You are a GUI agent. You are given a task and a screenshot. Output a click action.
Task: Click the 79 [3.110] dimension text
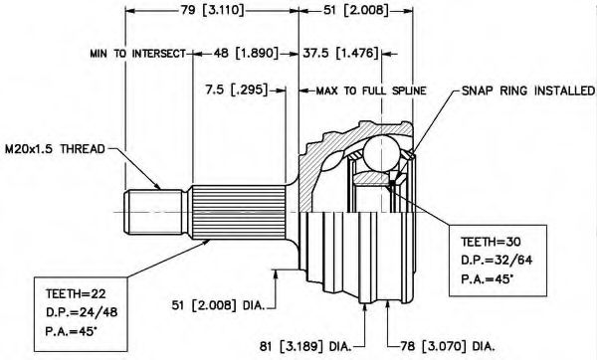(212, 10)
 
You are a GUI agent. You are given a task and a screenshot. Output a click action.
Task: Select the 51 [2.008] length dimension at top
(355, 10)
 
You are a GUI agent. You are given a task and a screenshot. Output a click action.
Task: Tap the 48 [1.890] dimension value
(246, 53)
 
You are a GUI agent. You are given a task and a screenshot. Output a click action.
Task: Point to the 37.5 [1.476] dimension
(340, 53)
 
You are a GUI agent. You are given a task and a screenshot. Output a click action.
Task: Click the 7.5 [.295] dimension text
(237, 90)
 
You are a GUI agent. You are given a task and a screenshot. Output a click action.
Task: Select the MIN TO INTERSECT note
(138, 54)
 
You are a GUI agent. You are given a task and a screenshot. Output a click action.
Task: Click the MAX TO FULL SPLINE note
(371, 90)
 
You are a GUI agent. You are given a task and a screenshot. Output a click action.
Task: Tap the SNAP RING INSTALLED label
(528, 90)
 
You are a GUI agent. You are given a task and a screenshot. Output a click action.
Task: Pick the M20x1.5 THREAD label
(55, 149)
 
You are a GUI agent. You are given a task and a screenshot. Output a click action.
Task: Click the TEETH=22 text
(76, 293)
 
